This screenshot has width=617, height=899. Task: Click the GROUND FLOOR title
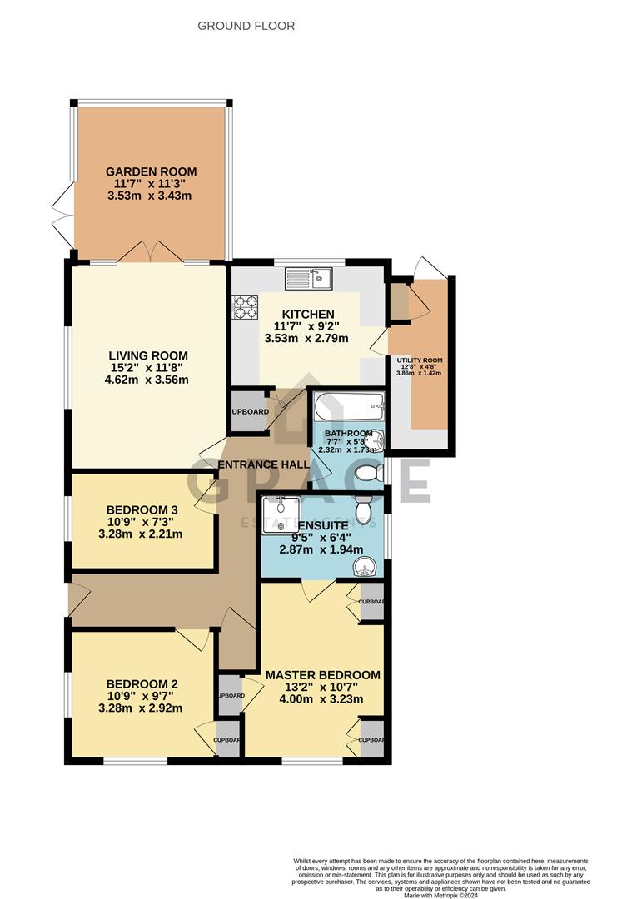pos(246,26)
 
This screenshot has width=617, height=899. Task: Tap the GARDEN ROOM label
pos(151,171)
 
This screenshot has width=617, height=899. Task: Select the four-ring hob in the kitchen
pos(246,308)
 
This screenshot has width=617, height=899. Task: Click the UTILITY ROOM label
pos(420,360)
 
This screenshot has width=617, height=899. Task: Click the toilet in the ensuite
pos(364,508)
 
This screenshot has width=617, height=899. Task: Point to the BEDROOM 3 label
pos(142,509)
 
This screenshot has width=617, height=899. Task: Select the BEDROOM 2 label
pos(142,683)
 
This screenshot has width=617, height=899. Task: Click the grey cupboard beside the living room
pos(247,411)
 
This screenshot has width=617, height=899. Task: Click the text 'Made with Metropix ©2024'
pos(450,895)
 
